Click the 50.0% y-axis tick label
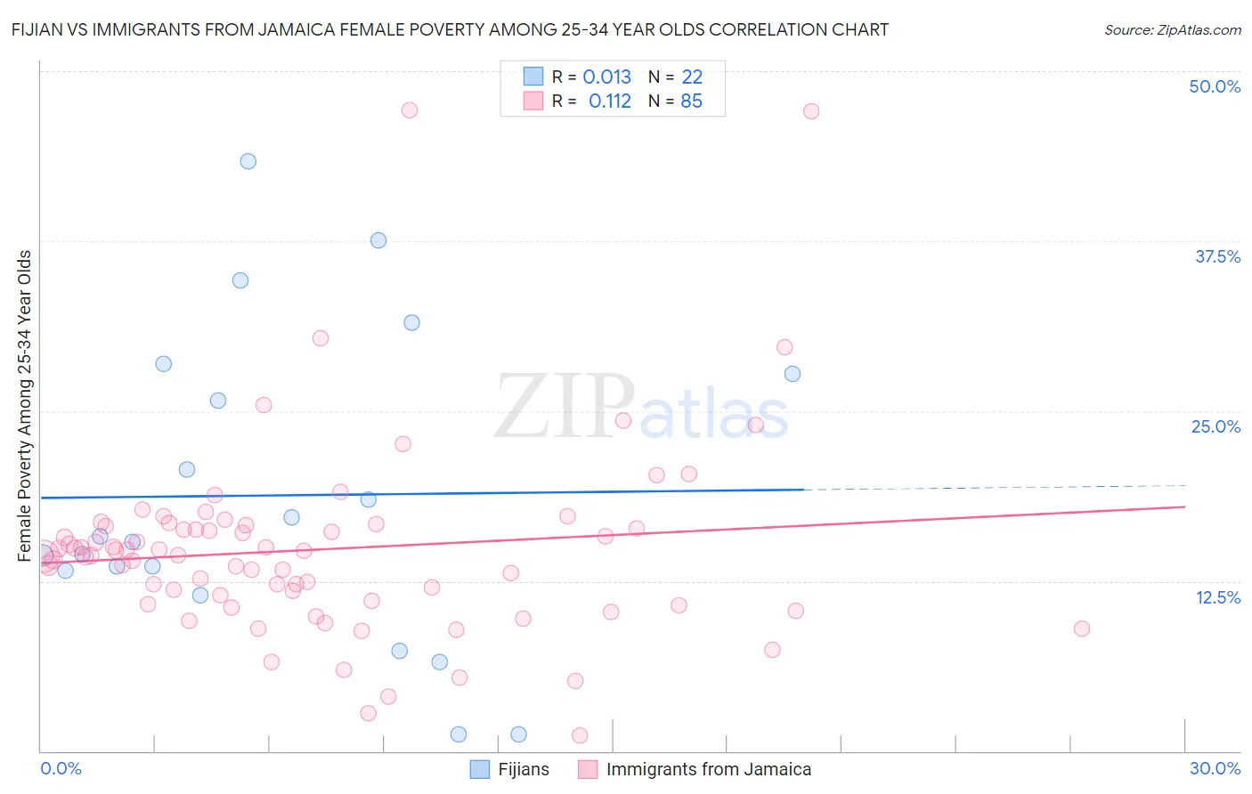tap(1215, 86)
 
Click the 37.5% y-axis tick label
tap(1217, 256)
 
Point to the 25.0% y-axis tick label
tap(1215, 426)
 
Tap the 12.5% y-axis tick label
tap(1217, 597)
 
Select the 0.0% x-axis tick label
tap(61, 768)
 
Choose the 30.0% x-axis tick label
tap(1215, 768)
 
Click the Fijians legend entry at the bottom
tap(510, 769)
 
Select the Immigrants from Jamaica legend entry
tap(695, 769)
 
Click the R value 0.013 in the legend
tap(606, 77)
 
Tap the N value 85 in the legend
tap(691, 101)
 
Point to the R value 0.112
tap(609, 101)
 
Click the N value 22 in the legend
tap(692, 77)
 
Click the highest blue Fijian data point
tap(248, 161)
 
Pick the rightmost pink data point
tap(1082, 628)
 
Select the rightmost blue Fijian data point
tap(793, 374)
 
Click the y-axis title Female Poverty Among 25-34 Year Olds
tap(25, 406)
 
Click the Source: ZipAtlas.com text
tap(1172, 30)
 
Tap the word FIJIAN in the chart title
tap(37, 30)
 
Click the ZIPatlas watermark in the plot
tap(641, 408)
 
